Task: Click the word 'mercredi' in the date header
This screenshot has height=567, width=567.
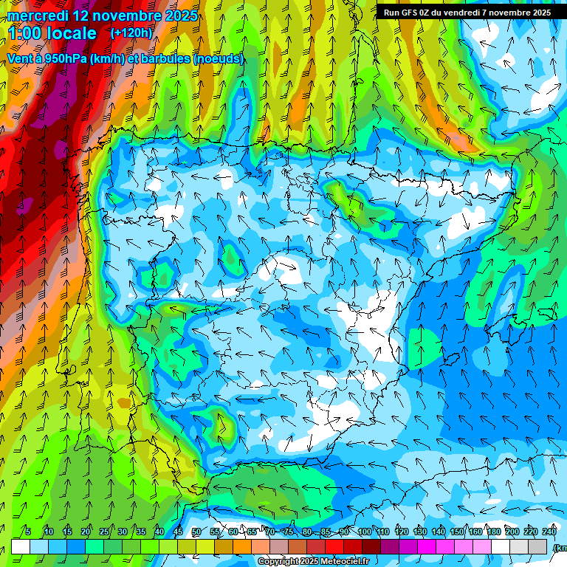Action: [38, 16]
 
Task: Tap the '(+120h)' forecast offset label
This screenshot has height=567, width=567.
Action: [131, 33]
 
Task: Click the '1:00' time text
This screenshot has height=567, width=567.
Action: [27, 33]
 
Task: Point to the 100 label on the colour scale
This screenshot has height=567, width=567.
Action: [365, 532]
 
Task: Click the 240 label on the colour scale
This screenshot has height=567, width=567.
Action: [549, 532]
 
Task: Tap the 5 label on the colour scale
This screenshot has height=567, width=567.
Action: [28, 532]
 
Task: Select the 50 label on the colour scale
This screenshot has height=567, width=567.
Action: [196, 532]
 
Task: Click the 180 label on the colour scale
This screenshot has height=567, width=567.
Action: [494, 532]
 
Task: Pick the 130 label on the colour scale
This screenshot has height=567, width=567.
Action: [420, 532]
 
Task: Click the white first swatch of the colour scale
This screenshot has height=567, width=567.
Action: [21, 546]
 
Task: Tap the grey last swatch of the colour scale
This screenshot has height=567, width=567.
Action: [538, 546]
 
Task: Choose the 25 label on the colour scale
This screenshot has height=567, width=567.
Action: [104, 532]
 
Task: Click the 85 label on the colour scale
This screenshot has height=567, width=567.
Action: [326, 532]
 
